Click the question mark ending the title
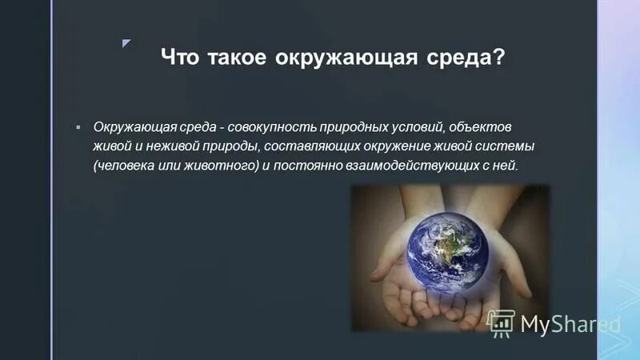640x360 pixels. [x=500, y=59]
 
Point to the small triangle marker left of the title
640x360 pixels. [x=126, y=42]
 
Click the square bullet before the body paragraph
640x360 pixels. [x=78, y=127]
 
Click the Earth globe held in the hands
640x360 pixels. [x=450, y=252]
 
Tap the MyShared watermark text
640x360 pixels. [x=570, y=324]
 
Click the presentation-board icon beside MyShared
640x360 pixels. [x=501, y=323]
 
